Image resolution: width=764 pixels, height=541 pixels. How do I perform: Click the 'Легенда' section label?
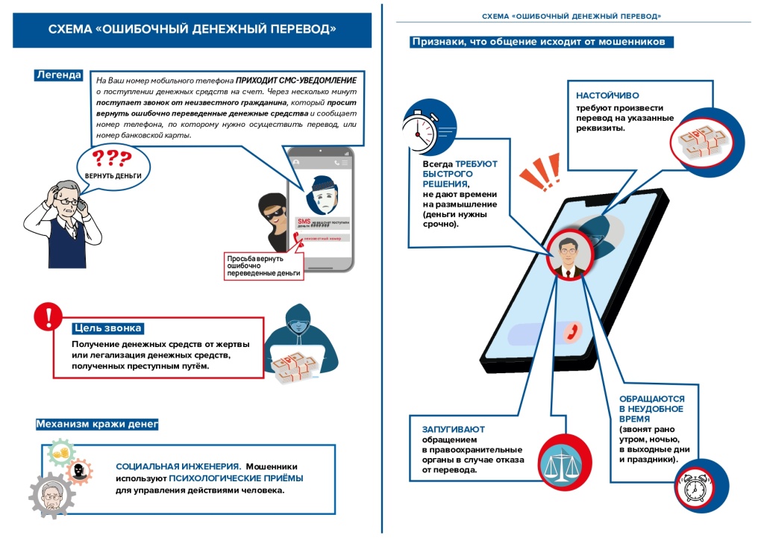point(59,75)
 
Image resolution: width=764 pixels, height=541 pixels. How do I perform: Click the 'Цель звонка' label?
point(107,328)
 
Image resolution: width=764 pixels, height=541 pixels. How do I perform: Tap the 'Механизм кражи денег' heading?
point(97,425)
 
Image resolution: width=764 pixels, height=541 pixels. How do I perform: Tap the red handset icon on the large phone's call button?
point(572,331)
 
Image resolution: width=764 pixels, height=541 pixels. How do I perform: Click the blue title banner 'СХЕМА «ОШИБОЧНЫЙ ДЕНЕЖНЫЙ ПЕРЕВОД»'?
point(192,30)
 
